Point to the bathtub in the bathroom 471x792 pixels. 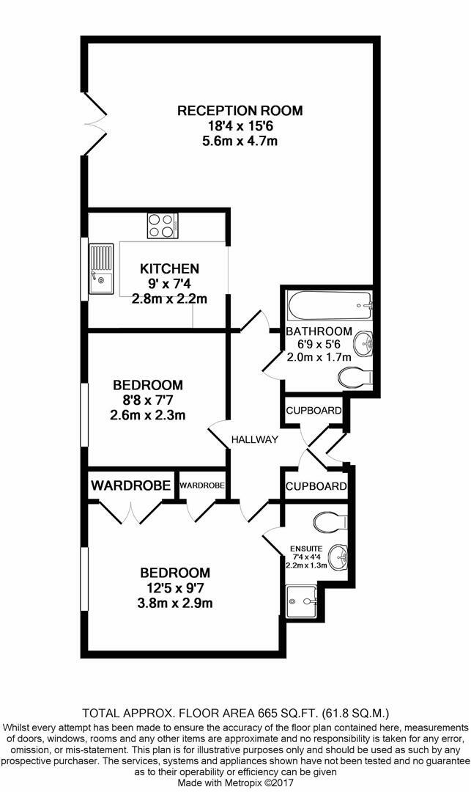(329, 303)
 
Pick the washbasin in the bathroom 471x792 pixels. (363, 342)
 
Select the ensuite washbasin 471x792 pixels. (338, 557)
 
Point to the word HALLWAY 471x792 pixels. (255, 439)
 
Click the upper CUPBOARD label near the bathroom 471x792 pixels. (314, 410)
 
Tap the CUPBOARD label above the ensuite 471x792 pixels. (316, 486)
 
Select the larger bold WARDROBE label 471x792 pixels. (131, 485)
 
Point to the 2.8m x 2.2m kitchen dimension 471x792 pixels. (170, 298)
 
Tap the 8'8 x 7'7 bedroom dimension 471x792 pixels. (149, 400)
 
